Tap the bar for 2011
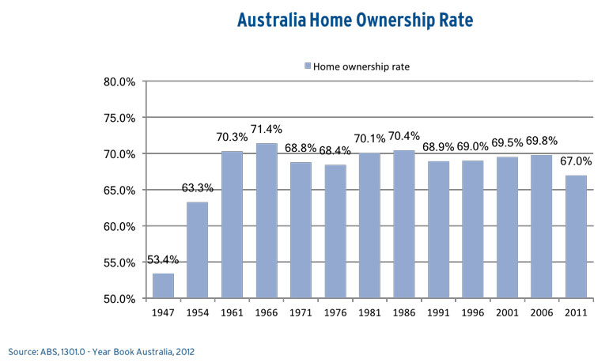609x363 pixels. [x=575, y=237]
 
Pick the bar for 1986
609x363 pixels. [x=403, y=225]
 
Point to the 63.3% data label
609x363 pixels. [x=197, y=187]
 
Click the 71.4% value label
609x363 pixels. [x=266, y=129]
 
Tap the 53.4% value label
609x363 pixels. [x=163, y=260]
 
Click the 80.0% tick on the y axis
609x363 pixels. [x=120, y=81]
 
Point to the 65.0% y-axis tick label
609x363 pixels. [x=120, y=191]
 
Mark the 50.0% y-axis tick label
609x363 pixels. [x=120, y=299]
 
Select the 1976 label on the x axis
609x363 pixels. [x=335, y=313]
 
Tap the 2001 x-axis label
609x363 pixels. [x=506, y=313]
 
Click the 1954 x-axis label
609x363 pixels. [x=197, y=313]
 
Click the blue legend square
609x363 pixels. [x=307, y=66]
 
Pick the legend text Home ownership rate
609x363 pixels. [x=361, y=66]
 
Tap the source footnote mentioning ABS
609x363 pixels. [x=102, y=350]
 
